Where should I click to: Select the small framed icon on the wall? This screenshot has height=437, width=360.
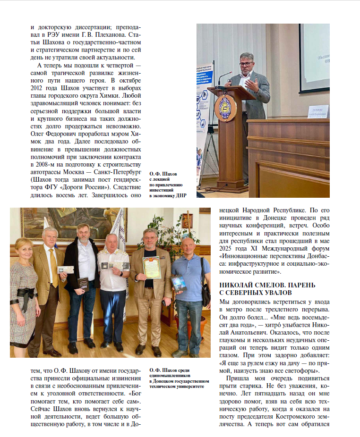click(187, 220)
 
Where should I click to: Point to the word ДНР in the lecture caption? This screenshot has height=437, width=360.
click(180, 194)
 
